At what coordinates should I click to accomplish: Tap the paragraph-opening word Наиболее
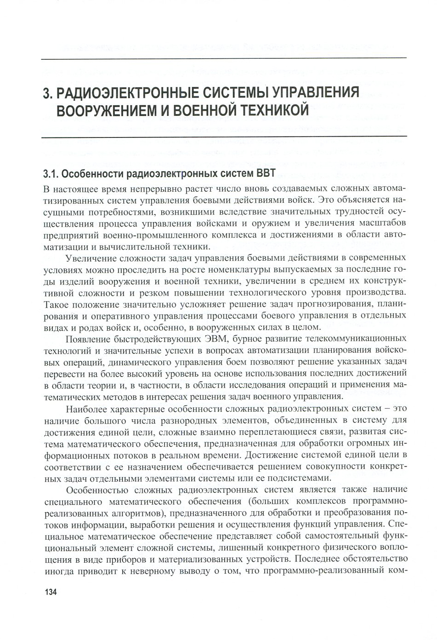(x=86, y=409)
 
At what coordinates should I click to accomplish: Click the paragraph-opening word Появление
(x=88, y=339)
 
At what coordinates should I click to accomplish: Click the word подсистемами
(x=299, y=478)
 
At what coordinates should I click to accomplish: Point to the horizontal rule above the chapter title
(x=224, y=58)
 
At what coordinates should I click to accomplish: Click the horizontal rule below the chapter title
(x=224, y=137)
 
